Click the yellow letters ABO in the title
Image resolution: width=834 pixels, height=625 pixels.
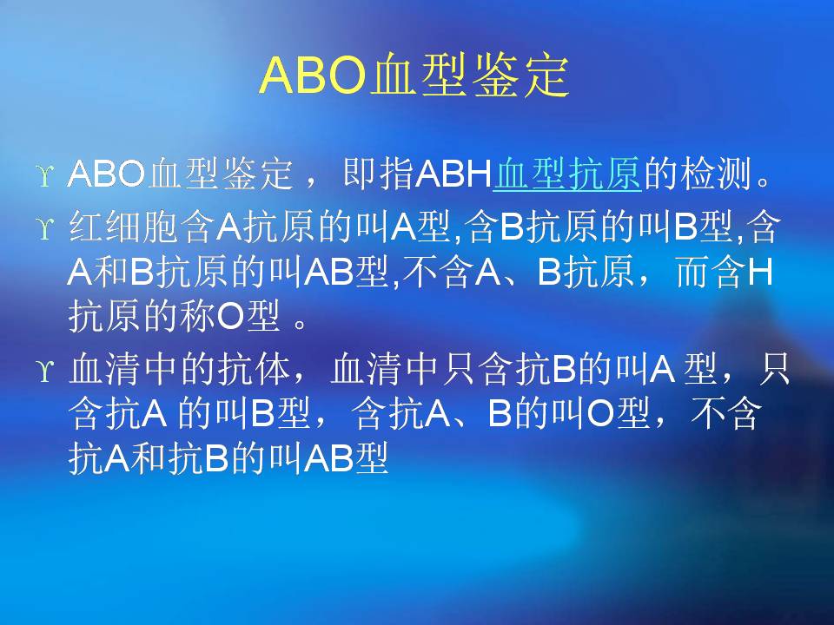[314, 76]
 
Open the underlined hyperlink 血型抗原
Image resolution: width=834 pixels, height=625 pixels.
[567, 174]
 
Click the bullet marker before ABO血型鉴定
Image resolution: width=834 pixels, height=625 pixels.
[45, 174]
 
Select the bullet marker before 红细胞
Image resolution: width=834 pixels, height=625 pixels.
[45, 228]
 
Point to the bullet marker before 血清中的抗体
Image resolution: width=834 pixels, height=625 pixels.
[45, 370]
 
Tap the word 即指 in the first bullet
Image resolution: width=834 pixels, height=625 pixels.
[379, 174]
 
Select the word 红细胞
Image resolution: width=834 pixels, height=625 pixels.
[123, 227]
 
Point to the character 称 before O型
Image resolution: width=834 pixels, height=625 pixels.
[198, 318]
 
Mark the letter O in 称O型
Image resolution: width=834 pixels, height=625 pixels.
[230, 318]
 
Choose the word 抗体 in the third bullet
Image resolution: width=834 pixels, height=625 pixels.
[253, 369]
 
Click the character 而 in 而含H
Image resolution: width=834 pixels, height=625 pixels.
[693, 272]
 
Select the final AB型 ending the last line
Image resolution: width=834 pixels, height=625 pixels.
[347, 458]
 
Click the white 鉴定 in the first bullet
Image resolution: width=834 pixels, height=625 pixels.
[257, 174]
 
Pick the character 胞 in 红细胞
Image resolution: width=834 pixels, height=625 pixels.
[160, 227]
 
